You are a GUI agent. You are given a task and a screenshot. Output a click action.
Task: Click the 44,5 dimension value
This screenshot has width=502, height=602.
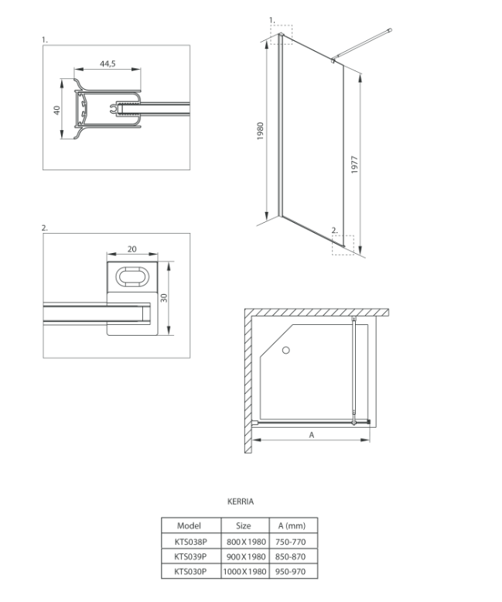[x=108, y=64]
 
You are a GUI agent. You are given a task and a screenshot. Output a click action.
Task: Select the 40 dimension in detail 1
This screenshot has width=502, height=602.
[x=57, y=111]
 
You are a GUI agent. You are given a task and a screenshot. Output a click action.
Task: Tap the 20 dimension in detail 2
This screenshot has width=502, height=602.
[x=131, y=249]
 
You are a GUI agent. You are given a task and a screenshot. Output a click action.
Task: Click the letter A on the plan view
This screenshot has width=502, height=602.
[x=312, y=436]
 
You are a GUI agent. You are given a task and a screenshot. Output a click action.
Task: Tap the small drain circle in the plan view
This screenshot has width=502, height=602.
[x=285, y=351]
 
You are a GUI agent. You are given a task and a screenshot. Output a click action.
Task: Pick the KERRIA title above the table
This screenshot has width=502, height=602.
[x=240, y=501]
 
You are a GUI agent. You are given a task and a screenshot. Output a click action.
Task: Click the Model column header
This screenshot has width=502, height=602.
[x=189, y=525]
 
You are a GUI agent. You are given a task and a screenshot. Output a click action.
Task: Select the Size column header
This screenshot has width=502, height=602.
[x=243, y=525]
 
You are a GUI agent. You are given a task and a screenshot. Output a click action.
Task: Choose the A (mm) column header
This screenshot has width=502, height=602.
[x=292, y=525]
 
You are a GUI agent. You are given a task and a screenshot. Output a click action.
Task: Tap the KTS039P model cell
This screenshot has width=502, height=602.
[x=189, y=556]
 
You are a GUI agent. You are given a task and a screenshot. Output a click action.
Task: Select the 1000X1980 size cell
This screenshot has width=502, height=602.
[x=243, y=571]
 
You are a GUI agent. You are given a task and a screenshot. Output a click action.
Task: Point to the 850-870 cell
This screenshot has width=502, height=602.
[x=292, y=556]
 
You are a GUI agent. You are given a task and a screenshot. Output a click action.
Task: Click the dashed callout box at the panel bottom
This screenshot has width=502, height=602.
[x=343, y=244]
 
